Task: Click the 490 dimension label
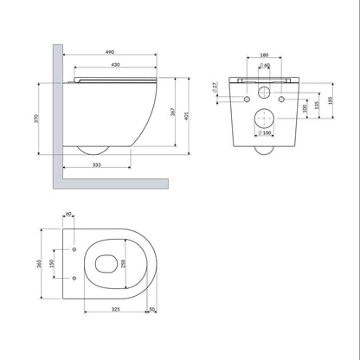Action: tap(110, 52)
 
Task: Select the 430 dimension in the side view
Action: tap(115, 65)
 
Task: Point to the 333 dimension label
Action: tap(97, 165)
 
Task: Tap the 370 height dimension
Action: tap(36, 119)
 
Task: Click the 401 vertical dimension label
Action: tap(186, 116)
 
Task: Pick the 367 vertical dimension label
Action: tap(172, 112)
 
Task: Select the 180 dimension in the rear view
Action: tap(264, 55)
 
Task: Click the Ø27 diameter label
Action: tap(215, 87)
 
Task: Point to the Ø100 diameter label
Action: tap(265, 133)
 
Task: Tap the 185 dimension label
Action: tap(331, 100)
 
